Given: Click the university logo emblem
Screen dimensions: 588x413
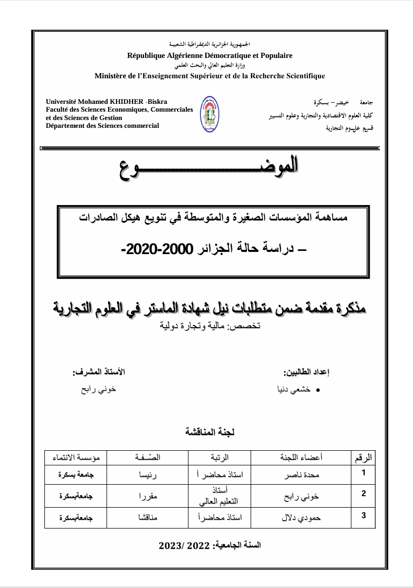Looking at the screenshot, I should pos(209,114).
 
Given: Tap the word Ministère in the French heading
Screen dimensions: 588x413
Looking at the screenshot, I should pos(111,76).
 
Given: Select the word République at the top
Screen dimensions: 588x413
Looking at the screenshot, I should pos(148,55).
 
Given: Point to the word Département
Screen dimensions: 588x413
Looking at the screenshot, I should pos(65,125).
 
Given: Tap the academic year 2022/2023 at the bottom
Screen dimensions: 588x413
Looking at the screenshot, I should pos(209,545).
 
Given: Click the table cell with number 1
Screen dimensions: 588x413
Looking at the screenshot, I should pos(364,474).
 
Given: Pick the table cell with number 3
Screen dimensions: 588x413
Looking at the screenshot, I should pos(364,517).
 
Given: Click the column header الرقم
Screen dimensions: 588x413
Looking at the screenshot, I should pos(363,458).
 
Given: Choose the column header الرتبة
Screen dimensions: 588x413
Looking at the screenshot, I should pos(219,458).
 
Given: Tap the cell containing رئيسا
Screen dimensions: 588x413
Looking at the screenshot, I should pos(148,476).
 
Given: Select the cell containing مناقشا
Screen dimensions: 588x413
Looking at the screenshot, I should pos(148,518).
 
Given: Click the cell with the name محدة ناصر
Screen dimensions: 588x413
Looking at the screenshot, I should pos(300,476).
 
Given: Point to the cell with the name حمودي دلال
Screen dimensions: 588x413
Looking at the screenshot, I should pos(301,518).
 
